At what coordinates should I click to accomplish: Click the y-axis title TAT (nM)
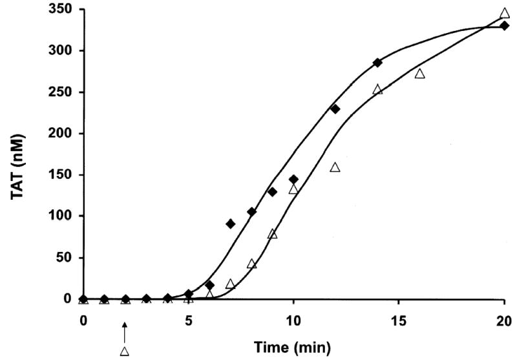tap(15, 154)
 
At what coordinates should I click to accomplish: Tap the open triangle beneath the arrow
tap(125, 351)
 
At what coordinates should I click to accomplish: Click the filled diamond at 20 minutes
tap(504, 25)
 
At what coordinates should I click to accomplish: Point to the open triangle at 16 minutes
tap(420, 74)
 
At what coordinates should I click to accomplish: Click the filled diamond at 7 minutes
tap(230, 224)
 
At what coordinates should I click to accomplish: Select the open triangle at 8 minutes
tap(251, 264)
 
